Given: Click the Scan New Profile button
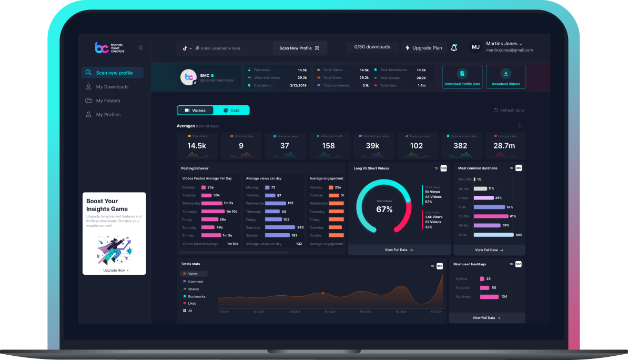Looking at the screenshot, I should pyautogui.click(x=299, y=48).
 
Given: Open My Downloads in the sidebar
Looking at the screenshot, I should pyautogui.click(x=112, y=87).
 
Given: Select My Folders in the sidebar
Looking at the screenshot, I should pyautogui.click(x=108, y=101).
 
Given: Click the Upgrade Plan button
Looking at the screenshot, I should pyautogui.click(x=424, y=47).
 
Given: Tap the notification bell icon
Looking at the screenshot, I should pyautogui.click(x=454, y=47).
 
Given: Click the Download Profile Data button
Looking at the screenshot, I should pyautogui.click(x=462, y=77).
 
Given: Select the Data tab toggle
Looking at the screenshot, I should pyautogui.click(x=231, y=111).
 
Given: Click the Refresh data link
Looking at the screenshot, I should pyautogui.click(x=509, y=111).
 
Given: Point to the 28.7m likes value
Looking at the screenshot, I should pyautogui.click(x=503, y=146).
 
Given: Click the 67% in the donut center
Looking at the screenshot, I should pyautogui.click(x=384, y=209).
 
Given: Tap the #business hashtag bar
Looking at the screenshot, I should pyautogui.click(x=489, y=297).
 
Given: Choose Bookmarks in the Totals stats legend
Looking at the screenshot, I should pyautogui.click(x=196, y=296).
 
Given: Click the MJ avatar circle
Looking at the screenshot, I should pyautogui.click(x=475, y=47).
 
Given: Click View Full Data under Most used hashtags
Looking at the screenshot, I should pyautogui.click(x=487, y=318).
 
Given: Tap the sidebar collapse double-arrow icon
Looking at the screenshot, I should pyautogui.click(x=140, y=48).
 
